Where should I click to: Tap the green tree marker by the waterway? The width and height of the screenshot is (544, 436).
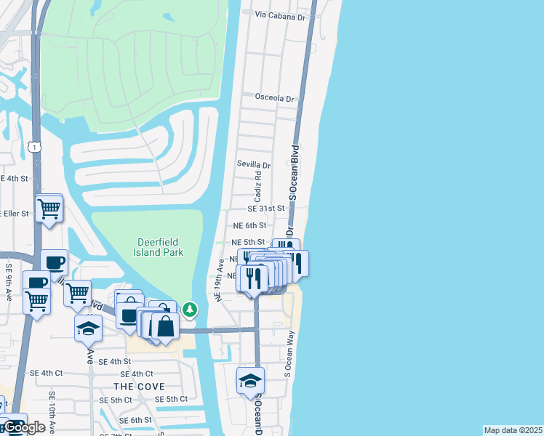coord(190,310)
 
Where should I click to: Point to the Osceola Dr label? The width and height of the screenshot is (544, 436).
coord(274,98)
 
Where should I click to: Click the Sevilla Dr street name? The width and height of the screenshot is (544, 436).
coord(253,165)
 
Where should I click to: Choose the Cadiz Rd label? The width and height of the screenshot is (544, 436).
coord(257,188)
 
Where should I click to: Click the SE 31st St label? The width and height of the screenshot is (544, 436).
coord(265,209)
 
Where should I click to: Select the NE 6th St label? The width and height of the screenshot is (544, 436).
coord(250,226)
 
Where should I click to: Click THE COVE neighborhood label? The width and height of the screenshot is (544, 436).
coord(139,387)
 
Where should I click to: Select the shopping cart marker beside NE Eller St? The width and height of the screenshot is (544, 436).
coord(49,209)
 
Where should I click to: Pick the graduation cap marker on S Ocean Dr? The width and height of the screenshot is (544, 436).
coord(250,381)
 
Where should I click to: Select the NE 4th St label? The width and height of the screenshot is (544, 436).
coord(15,178)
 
